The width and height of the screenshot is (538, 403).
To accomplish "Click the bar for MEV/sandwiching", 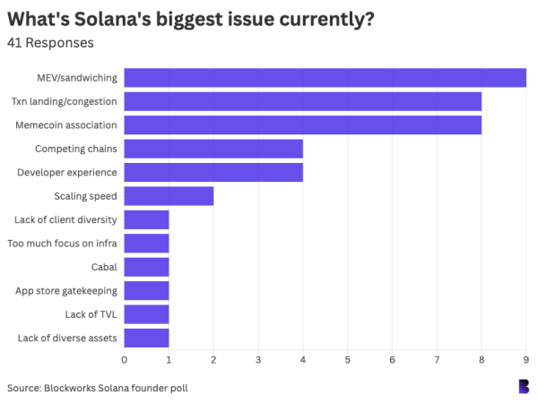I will click(325, 78).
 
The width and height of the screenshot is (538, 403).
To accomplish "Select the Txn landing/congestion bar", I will click(302, 101).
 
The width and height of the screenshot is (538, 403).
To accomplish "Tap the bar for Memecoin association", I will click(302, 124).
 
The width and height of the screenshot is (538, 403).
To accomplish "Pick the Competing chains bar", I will click(213, 149).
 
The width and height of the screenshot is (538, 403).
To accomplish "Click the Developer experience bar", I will click(213, 172).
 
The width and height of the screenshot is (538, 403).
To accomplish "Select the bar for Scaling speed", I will click(169, 196).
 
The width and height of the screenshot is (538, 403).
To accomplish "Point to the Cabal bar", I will click(146, 267).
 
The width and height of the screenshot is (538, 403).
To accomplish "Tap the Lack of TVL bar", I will click(146, 314).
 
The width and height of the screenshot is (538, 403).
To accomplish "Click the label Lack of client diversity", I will click(65, 219).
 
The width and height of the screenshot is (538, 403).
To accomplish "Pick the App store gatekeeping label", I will click(66, 291).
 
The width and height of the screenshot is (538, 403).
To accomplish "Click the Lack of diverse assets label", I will click(67, 339).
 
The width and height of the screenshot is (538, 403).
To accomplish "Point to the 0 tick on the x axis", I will click(124, 359).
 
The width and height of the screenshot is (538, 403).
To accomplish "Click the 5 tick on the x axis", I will click(347, 359).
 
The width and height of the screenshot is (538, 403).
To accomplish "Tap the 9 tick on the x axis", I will click(525, 359).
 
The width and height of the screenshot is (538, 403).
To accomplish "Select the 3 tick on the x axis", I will click(258, 359).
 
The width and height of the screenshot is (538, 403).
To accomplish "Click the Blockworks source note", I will click(98, 388).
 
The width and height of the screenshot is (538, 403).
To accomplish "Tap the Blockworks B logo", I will click(524, 386).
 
